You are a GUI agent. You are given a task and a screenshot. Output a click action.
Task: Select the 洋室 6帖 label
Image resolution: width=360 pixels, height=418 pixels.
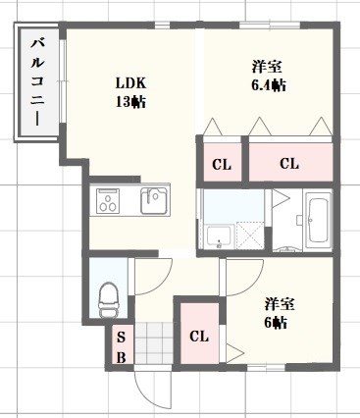(x=274, y=313)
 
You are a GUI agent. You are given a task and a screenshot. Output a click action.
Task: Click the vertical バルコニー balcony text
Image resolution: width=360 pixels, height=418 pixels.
(x=37, y=82)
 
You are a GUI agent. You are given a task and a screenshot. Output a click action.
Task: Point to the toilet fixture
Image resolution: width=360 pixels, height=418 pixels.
(x=109, y=294)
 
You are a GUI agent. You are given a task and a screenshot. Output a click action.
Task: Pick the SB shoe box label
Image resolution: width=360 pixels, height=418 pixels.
(x=121, y=345)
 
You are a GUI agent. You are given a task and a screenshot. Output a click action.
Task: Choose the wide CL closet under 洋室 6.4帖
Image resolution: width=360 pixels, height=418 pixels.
(x=287, y=164)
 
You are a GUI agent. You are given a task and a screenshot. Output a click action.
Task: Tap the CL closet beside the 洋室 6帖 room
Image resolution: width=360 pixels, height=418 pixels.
(x=199, y=337)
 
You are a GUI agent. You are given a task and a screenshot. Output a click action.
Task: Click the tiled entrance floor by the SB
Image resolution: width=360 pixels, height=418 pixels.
(x=153, y=344)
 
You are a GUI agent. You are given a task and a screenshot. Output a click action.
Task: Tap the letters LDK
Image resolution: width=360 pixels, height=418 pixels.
(x=129, y=81)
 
